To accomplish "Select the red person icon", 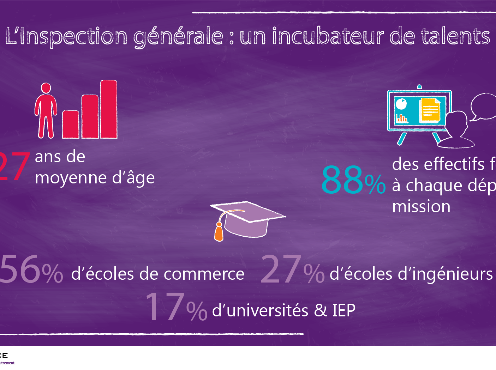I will [x=46, y=110].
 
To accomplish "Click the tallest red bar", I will [x=109, y=109].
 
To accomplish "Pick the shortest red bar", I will [x=71, y=124].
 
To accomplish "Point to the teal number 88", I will [x=342, y=180].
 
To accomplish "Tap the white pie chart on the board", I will [x=401, y=104].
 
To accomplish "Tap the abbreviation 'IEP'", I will [x=343, y=310].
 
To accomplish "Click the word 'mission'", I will [x=421, y=207].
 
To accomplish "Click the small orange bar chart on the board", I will [x=402, y=118].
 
